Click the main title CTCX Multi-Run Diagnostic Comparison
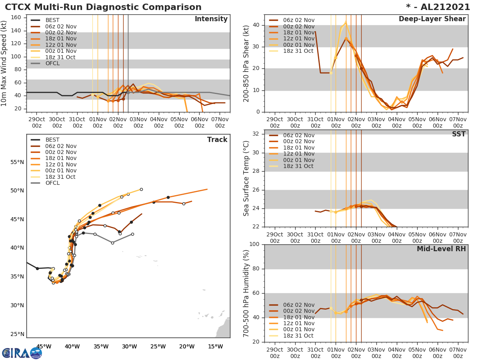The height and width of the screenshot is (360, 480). click(103, 7)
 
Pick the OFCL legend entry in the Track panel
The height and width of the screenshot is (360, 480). click(52, 183)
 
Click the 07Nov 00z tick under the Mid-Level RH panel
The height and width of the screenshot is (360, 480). click(458, 352)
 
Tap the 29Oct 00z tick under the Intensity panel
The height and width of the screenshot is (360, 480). click(37, 122)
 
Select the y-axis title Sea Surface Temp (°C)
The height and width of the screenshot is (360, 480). click(246, 178)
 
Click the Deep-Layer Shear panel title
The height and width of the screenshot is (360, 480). click(432, 19)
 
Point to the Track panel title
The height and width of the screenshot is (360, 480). click(217, 140)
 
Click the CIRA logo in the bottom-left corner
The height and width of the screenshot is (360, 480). click(22, 352)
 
